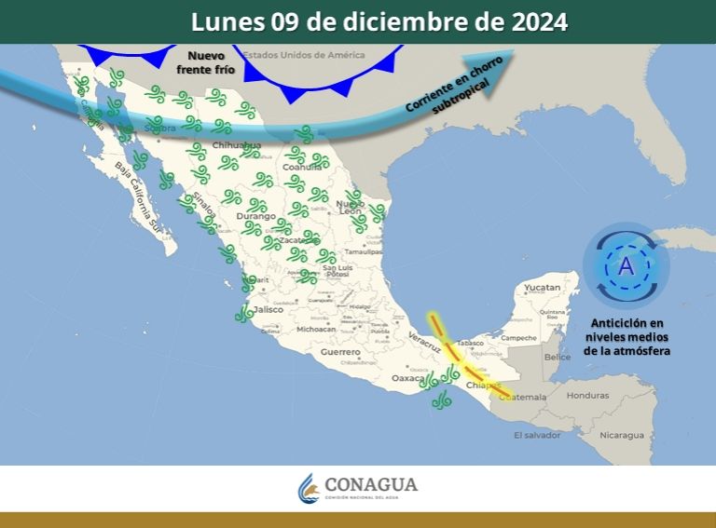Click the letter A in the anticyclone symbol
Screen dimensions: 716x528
[626, 266]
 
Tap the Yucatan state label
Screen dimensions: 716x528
[542, 288]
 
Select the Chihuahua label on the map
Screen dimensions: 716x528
[237, 146]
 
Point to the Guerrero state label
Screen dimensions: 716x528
[339, 352]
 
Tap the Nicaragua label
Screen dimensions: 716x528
[622, 435]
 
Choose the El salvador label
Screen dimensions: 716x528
[537, 435]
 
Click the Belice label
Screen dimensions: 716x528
[558, 357]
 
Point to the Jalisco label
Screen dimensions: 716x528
[267, 309]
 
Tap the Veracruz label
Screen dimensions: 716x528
[424, 344]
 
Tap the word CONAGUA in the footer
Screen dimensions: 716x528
[371, 485]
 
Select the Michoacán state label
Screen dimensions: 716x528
[315, 329]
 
